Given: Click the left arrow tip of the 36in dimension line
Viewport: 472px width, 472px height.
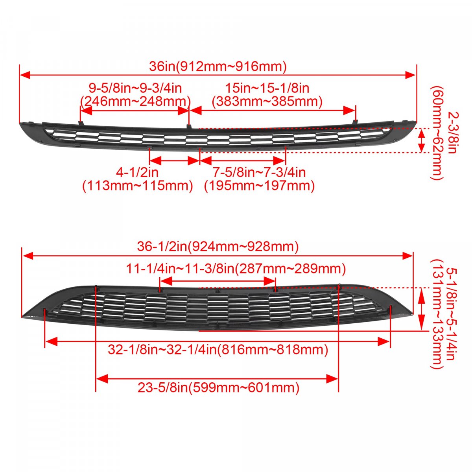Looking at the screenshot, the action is click(x=20, y=75).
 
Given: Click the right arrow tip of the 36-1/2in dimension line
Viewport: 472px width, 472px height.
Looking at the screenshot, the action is click(x=413, y=256).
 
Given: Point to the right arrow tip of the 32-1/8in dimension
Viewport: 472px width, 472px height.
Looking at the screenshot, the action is click(x=389, y=341).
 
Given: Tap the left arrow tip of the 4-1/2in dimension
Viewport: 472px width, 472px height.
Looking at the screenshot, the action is click(x=149, y=161).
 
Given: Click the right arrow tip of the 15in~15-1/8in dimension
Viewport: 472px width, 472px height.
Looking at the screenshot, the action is click(x=355, y=111).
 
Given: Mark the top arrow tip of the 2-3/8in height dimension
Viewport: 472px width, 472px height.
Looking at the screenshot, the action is click(x=421, y=129).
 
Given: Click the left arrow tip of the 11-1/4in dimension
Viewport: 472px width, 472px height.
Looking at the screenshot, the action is click(x=160, y=282).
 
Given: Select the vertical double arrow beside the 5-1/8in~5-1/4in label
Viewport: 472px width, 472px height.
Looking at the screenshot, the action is click(x=421, y=309).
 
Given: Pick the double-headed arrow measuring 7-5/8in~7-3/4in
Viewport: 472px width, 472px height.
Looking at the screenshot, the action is click(x=243, y=161).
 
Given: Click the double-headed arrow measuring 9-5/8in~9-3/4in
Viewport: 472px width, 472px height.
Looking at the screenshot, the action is click(x=135, y=111).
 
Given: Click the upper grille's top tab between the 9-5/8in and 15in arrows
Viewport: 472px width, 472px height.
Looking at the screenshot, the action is click(x=189, y=126).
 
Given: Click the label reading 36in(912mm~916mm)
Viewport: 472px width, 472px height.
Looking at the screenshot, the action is click(x=218, y=66).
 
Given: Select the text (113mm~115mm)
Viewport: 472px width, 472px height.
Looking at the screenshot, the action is click(x=138, y=186).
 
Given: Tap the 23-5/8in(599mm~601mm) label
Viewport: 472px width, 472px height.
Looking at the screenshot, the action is click(x=218, y=388).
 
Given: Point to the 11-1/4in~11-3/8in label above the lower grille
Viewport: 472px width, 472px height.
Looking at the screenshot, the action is click(x=236, y=269).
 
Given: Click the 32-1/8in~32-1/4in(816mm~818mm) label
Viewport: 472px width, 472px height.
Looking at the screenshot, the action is click(x=218, y=350).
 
